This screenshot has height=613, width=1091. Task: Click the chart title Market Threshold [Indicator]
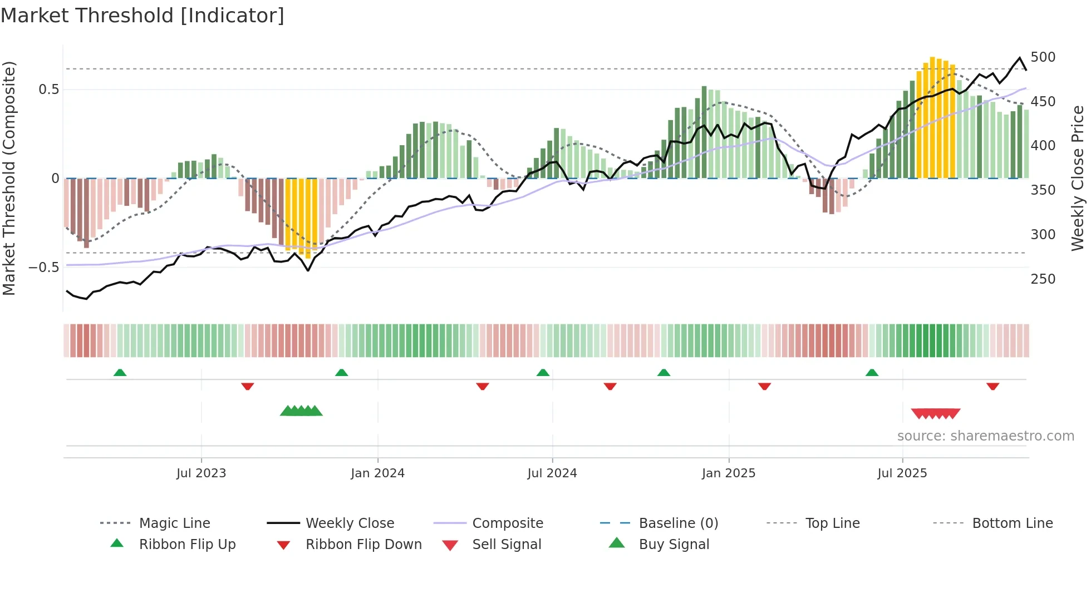[142, 16]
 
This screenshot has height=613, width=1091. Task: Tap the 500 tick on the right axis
[1043, 57]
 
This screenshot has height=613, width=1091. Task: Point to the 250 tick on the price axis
[1043, 279]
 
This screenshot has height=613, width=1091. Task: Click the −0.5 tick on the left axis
[43, 267]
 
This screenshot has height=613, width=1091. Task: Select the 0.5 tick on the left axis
[48, 90]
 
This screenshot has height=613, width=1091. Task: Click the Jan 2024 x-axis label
[377, 473]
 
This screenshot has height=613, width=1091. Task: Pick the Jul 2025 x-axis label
[902, 473]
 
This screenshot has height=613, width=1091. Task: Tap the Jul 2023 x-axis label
[201, 473]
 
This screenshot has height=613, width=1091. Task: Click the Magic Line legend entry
[174, 523]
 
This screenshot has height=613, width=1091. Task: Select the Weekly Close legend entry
[350, 523]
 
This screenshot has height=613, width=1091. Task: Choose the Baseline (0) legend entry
[678, 523]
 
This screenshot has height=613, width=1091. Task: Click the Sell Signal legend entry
[507, 545]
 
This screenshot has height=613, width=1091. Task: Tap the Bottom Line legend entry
[1012, 523]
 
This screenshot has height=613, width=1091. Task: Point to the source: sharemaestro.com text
[985, 436]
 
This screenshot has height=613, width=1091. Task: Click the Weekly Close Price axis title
[1078, 178]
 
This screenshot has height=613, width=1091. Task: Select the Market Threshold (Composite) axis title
[9, 178]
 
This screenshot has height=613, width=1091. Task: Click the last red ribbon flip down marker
[992, 386]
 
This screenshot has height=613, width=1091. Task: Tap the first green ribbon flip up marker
[120, 373]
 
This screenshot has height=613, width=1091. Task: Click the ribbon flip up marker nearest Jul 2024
[543, 373]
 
